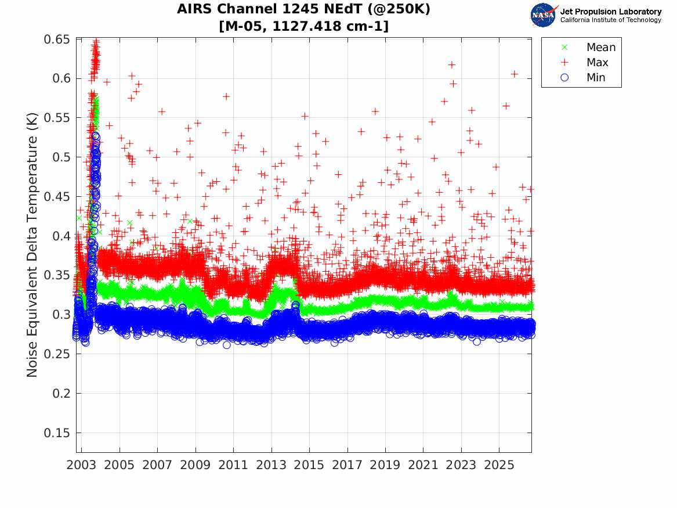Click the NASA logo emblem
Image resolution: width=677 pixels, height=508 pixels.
(x=544, y=15)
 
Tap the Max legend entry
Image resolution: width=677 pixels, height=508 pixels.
(x=584, y=62)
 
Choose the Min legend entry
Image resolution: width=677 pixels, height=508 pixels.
(x=582, y=77)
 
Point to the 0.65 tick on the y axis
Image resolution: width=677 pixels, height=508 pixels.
(x=56, y=39)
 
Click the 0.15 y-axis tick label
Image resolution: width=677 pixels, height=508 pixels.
(x=56, y=433)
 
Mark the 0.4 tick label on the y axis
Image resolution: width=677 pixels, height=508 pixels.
(x=60, y=236)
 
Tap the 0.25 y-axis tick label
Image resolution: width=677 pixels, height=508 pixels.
(x=56, y=354)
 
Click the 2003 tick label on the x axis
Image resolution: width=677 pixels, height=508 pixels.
(x=81, y=465)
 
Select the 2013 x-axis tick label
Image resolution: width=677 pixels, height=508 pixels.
(x=271, y=465)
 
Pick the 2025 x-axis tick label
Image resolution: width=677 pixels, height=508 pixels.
(x=499, y=465)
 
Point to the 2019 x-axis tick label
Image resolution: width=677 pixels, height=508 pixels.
(x=385, y=465)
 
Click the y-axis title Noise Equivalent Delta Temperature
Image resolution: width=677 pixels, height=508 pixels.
(x=32, y=245)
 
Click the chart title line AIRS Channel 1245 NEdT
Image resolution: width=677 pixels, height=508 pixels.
(x=303, y=9)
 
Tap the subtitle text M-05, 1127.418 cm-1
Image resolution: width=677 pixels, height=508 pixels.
(x=303, y=26)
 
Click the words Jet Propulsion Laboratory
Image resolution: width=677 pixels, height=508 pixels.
(x=611, y=12)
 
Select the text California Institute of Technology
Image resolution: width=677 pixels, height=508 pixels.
(x=611, y=20)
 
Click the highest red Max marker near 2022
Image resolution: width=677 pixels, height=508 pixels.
(x=451, y=65)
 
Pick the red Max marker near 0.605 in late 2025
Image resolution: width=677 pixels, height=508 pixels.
(x=514, y=74)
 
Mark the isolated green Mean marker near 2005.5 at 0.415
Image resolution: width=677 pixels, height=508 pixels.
(x=129, y=223)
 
